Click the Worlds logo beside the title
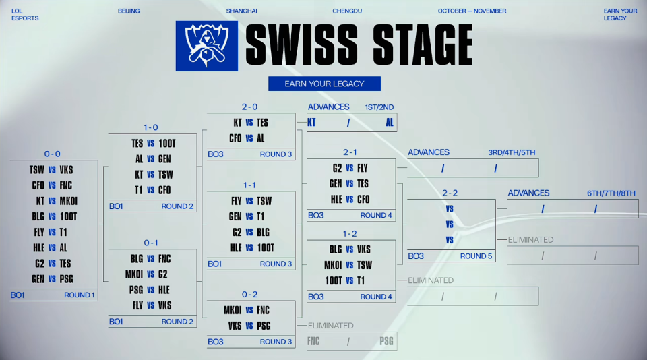point(206,46)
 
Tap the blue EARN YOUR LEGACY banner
point(324,84)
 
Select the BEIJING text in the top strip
point(129,11)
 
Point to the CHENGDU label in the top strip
point(347,11)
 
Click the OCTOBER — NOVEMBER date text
point(472,11)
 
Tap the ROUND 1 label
point(80,295)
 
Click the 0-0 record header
point(53,154)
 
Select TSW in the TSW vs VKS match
point(36,170)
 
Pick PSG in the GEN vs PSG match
point(67,279)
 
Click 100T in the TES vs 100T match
point(166,144)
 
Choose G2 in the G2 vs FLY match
point(338,168)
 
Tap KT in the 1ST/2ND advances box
point(311,123)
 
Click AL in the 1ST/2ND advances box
point(390,123)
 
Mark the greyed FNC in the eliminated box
point(314,341)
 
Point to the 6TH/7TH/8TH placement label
point(611,193)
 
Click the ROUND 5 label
point(476,256)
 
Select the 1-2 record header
point(350,234)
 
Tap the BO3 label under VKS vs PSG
point(215,342)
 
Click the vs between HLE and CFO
point(350,199)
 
